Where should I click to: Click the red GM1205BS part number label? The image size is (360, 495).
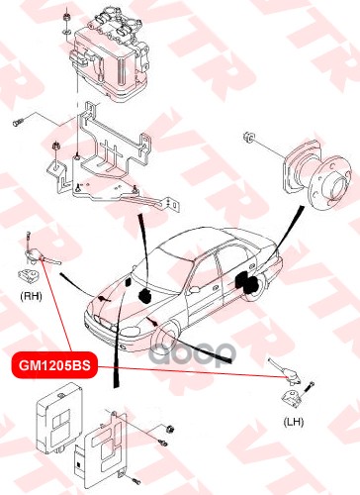[54, 365]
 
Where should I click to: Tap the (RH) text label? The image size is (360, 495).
[31, 296]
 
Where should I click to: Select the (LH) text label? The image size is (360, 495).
[293, 422]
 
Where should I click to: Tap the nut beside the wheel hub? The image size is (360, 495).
[249, 137]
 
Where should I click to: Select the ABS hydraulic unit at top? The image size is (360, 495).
[109, 52]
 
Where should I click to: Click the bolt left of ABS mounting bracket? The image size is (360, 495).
[19, 122]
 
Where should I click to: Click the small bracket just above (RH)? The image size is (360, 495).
[29, 276]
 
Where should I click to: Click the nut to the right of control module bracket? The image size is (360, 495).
[169, 430]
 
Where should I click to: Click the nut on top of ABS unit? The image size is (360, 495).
[66, 17]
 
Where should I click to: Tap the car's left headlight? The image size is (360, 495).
[133, 331]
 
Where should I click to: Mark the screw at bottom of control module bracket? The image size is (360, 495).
[136, 482]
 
